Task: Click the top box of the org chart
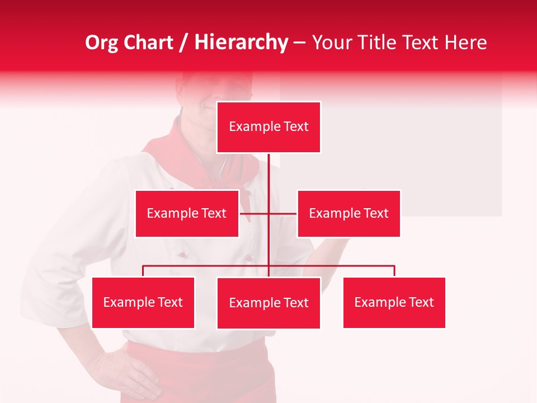268,127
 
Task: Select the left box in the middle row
187,213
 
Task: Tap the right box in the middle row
348,213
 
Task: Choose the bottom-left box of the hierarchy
143,302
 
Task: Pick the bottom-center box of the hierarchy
268,303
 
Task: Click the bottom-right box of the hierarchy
394,302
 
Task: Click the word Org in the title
101,43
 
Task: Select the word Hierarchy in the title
241,43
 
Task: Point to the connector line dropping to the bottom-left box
143,271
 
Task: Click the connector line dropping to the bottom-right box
394,271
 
